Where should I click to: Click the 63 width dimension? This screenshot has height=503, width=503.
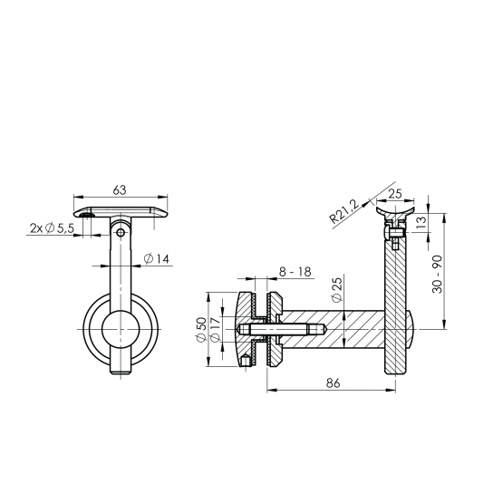[120, 190]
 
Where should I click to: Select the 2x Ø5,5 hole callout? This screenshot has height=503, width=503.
[52, 228]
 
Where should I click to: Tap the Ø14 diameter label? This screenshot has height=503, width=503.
[156, 258]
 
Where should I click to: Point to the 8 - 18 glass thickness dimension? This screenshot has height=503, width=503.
[295, 272]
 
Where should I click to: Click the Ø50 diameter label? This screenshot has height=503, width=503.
[201, 330]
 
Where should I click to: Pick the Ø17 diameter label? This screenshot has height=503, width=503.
[215, 330]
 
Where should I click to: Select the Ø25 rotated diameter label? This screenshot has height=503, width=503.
[337, 289]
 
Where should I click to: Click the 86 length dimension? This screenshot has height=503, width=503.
[333, 383]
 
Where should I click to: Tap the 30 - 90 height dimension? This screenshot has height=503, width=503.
[438, 274]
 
